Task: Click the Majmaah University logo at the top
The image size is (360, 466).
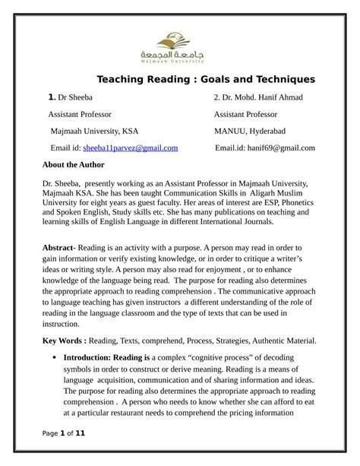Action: coord(179,47)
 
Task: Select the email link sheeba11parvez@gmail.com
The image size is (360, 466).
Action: coord(131,147)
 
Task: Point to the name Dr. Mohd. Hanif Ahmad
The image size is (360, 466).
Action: coord(258,98)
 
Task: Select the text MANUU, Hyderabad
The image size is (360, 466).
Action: coord(251,131)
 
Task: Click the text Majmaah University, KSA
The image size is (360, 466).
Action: coord(94,131)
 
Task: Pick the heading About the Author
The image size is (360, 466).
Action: coord(74,164)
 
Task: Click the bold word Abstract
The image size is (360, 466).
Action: coord(57,248)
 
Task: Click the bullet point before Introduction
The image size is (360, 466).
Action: coord(51,357)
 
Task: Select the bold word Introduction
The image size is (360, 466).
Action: coord(88,357)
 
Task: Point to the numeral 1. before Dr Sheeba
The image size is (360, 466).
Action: coord(52,98)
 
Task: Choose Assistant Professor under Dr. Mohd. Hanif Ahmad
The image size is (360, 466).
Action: coord(245,115)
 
